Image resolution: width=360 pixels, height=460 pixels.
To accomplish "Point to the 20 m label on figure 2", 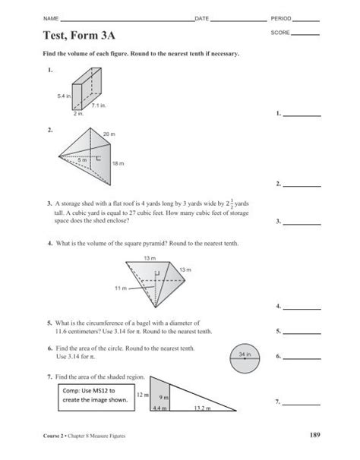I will point(108,134).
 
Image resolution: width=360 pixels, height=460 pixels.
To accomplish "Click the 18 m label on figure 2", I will point(118,163).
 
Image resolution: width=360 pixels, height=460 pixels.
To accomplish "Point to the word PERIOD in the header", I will point(280,17).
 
